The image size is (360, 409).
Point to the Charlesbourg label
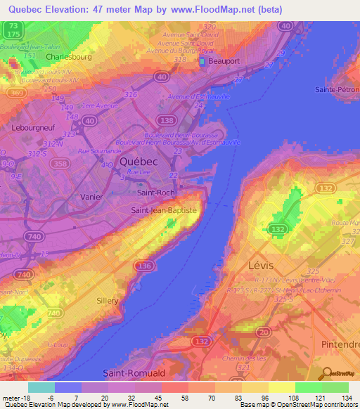pos(69,56)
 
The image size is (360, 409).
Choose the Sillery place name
pos(108,300)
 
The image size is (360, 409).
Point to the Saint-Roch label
pos(155,192)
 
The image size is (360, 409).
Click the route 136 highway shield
pos(145,265)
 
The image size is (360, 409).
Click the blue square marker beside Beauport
pos(202,62)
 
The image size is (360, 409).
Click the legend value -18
pos(25,397)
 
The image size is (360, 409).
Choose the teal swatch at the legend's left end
pos(41,387)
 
